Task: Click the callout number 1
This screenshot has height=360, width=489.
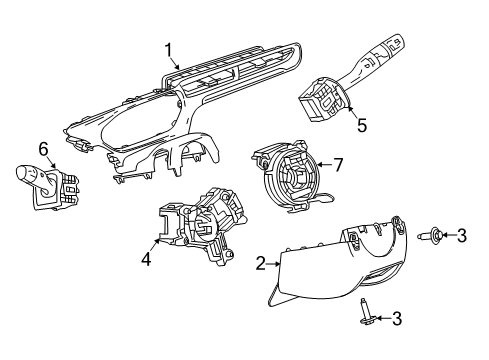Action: [170, 50]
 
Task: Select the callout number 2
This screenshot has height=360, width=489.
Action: [260, 265]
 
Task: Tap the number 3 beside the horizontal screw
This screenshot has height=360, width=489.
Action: [461, 236]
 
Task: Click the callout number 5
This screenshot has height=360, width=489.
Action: [363, 127]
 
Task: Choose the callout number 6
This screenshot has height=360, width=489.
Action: [43, 148]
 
